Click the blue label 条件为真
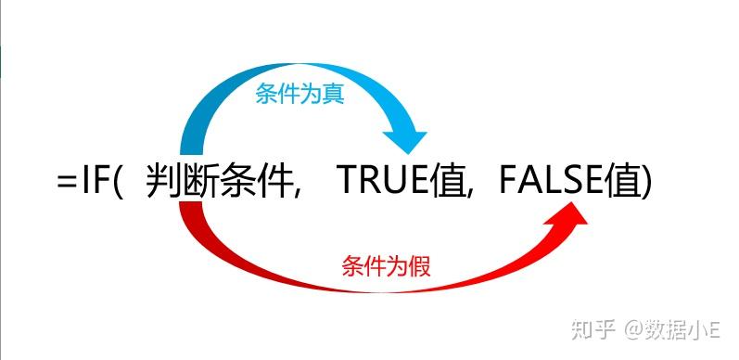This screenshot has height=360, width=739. [x=299, y=95]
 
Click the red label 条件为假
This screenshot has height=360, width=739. [x=386, y=264]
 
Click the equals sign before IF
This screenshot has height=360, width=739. [x=67, y=181]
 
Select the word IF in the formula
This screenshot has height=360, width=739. [x=95, y=180]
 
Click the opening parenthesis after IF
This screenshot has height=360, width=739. [x=118, y=182]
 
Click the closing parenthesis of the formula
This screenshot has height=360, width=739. [x=646, y=182]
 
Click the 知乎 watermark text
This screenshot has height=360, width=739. [x=594, y=329]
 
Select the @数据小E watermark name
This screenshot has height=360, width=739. [x=671, y=329]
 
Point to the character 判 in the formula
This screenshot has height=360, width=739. [x=163, y=180]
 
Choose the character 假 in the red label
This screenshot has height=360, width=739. [x=419, y=264]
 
